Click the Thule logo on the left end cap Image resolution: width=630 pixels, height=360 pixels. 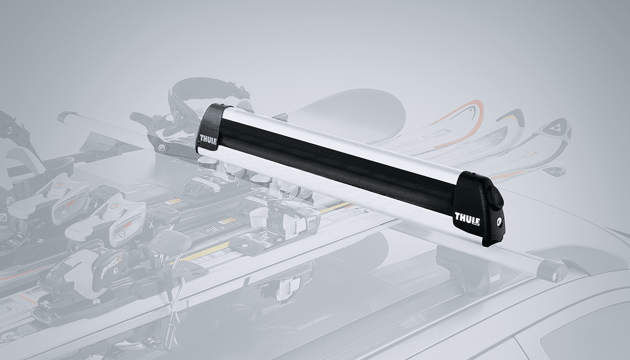coord(207,140)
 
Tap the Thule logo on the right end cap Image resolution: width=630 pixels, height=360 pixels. coord(467,217)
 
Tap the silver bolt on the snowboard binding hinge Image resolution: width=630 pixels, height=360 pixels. coord(157,148)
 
